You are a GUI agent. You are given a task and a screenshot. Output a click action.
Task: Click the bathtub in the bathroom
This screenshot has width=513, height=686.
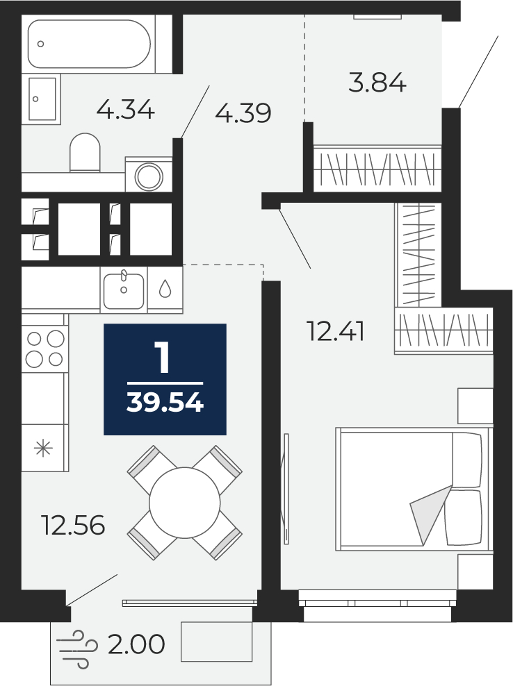tap(90, 44)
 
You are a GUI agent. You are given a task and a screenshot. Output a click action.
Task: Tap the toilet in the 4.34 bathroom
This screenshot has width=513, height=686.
tap(85, 152)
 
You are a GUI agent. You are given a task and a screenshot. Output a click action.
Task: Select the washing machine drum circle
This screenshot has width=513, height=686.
tap(149, 177)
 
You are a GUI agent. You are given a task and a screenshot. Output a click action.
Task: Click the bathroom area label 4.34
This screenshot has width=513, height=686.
tap(125, 110)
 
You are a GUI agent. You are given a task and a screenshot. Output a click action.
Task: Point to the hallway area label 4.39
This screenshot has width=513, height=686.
tap(243, 113)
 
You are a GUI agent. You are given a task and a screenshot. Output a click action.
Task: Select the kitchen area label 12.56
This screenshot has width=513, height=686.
tap(73, 525)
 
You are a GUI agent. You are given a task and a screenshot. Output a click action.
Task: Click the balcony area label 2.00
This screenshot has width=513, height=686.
tap(136, 644)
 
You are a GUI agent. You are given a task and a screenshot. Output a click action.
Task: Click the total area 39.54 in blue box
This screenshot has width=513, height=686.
tap(165, 402)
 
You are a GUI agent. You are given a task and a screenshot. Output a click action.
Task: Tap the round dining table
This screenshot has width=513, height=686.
tap(184, 503)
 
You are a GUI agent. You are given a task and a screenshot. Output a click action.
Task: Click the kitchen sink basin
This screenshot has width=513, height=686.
tap(124, 290)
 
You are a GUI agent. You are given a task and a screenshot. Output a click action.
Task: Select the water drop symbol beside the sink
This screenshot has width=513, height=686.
tap(165, 289)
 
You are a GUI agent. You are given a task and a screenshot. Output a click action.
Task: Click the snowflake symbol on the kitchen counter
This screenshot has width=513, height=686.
tap(43, 448)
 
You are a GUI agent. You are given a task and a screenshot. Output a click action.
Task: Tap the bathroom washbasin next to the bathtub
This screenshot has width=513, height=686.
tap(42, 99)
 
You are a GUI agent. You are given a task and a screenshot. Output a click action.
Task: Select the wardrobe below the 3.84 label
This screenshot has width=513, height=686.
tap(377, 169)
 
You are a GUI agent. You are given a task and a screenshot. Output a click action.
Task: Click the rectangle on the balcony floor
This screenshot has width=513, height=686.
tap(217, 642)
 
